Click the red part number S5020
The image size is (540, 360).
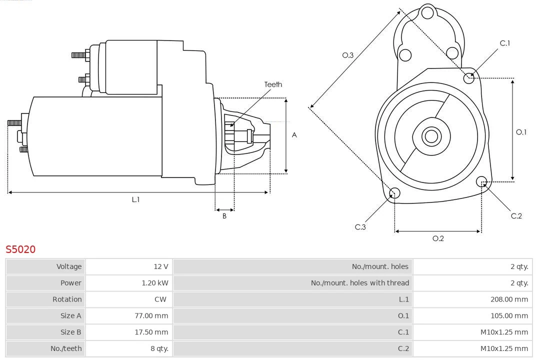(x=20, y=249)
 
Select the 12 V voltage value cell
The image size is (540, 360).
(x=161, y=266)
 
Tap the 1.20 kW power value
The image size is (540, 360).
(x=155, y=283)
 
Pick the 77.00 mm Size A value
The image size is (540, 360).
(x=151, y=315)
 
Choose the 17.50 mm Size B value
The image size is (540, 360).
(x=151, y=332)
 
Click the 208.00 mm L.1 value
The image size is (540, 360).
(x=509, y=299)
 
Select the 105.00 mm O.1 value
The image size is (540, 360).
(x=509, y=315)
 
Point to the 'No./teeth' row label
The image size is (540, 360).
(x=66, y=348)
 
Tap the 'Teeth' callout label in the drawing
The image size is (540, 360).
(x=273, y=84)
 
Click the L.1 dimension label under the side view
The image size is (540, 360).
(x=135, y=199)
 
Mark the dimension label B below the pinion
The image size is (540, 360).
(x=224, y=216)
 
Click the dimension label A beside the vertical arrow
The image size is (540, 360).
(x=294, y=135)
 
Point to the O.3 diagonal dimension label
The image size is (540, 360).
(x=348, y=55)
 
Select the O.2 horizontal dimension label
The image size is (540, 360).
(x=438, y=238)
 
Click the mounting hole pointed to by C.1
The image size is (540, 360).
(x=469, y=77)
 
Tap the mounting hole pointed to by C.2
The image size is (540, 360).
(x=481, y=181)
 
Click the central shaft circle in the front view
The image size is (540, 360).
(x=430, y=136)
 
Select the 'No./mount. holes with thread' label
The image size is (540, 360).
(x=359, y=283)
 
